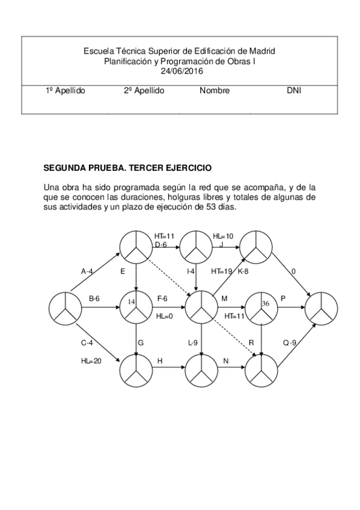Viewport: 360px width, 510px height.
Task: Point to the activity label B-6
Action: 94,298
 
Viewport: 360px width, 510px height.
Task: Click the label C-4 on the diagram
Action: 88,343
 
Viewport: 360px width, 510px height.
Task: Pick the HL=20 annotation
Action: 91,361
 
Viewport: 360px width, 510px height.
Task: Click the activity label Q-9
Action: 290,343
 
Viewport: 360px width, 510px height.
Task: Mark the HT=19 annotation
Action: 222,271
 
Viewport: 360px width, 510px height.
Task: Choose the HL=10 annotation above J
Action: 224,236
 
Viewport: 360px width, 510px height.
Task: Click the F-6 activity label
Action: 163,298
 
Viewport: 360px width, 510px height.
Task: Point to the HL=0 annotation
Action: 165,316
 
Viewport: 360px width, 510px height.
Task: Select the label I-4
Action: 191,271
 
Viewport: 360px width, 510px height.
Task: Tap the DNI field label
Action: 294,91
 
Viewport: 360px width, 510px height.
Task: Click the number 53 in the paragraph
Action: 213,207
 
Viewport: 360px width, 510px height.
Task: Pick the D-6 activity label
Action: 161,245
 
